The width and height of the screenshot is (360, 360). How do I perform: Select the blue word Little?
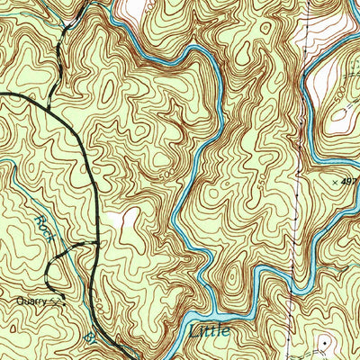point(210,331)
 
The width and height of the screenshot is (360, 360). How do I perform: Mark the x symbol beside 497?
point(335,182)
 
